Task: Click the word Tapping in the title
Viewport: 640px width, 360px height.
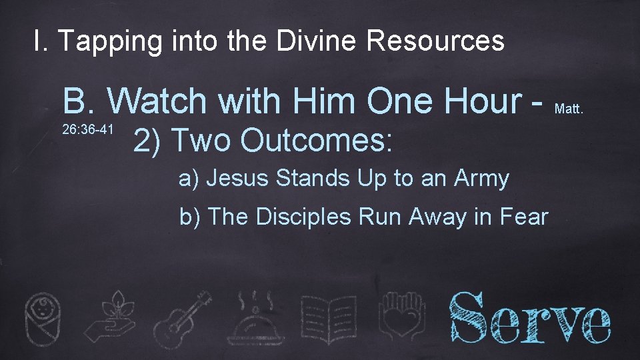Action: click(109, 42)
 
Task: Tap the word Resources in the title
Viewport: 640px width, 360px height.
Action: click(435, 41)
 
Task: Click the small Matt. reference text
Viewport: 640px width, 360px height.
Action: click(569, 107)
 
